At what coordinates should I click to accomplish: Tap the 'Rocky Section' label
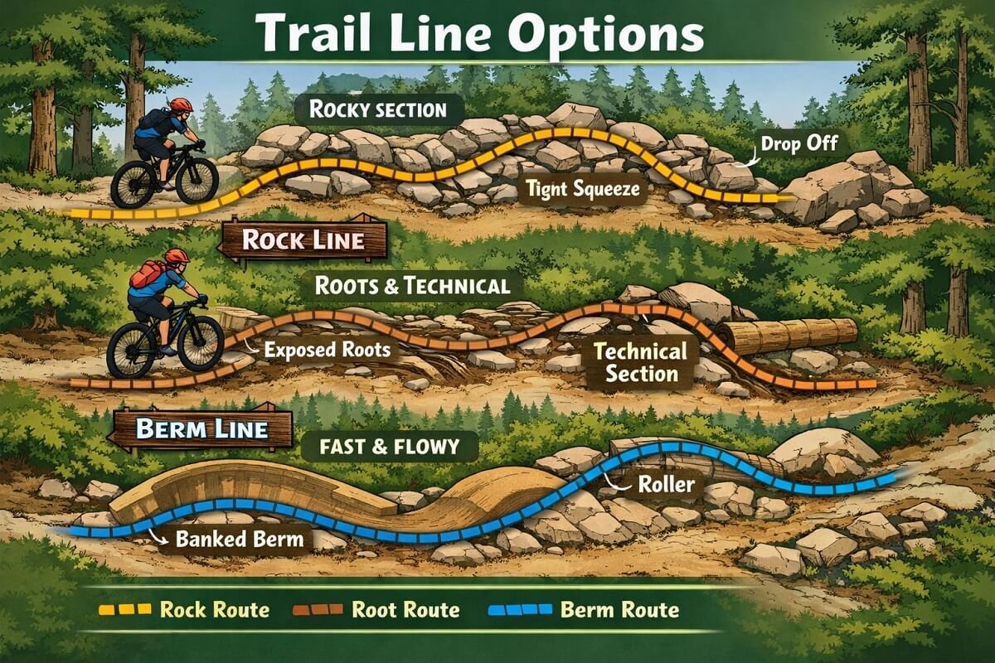point(376,109)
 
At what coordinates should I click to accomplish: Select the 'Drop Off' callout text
point(800,143)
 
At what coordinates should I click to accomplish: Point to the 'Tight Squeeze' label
point(583,189)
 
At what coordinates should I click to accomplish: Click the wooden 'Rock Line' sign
point(303,240)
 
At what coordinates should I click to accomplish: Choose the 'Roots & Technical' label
point(412,287)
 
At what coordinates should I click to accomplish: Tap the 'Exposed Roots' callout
point(327,349)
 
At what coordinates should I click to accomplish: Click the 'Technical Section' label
point(641,362)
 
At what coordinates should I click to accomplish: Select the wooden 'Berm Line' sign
point(201,429)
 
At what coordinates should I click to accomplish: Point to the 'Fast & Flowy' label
point(388,448)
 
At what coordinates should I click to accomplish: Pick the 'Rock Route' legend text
point(214,611)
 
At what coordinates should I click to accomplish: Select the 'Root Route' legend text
point(405,611)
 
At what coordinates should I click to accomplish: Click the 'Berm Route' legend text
point(619,611)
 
